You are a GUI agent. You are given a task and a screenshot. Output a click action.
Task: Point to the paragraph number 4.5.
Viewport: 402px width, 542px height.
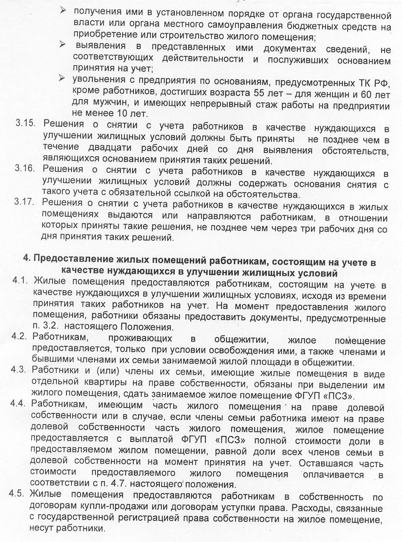[17, 494]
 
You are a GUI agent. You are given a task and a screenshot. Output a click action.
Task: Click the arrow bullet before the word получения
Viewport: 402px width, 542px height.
[64, 11]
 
